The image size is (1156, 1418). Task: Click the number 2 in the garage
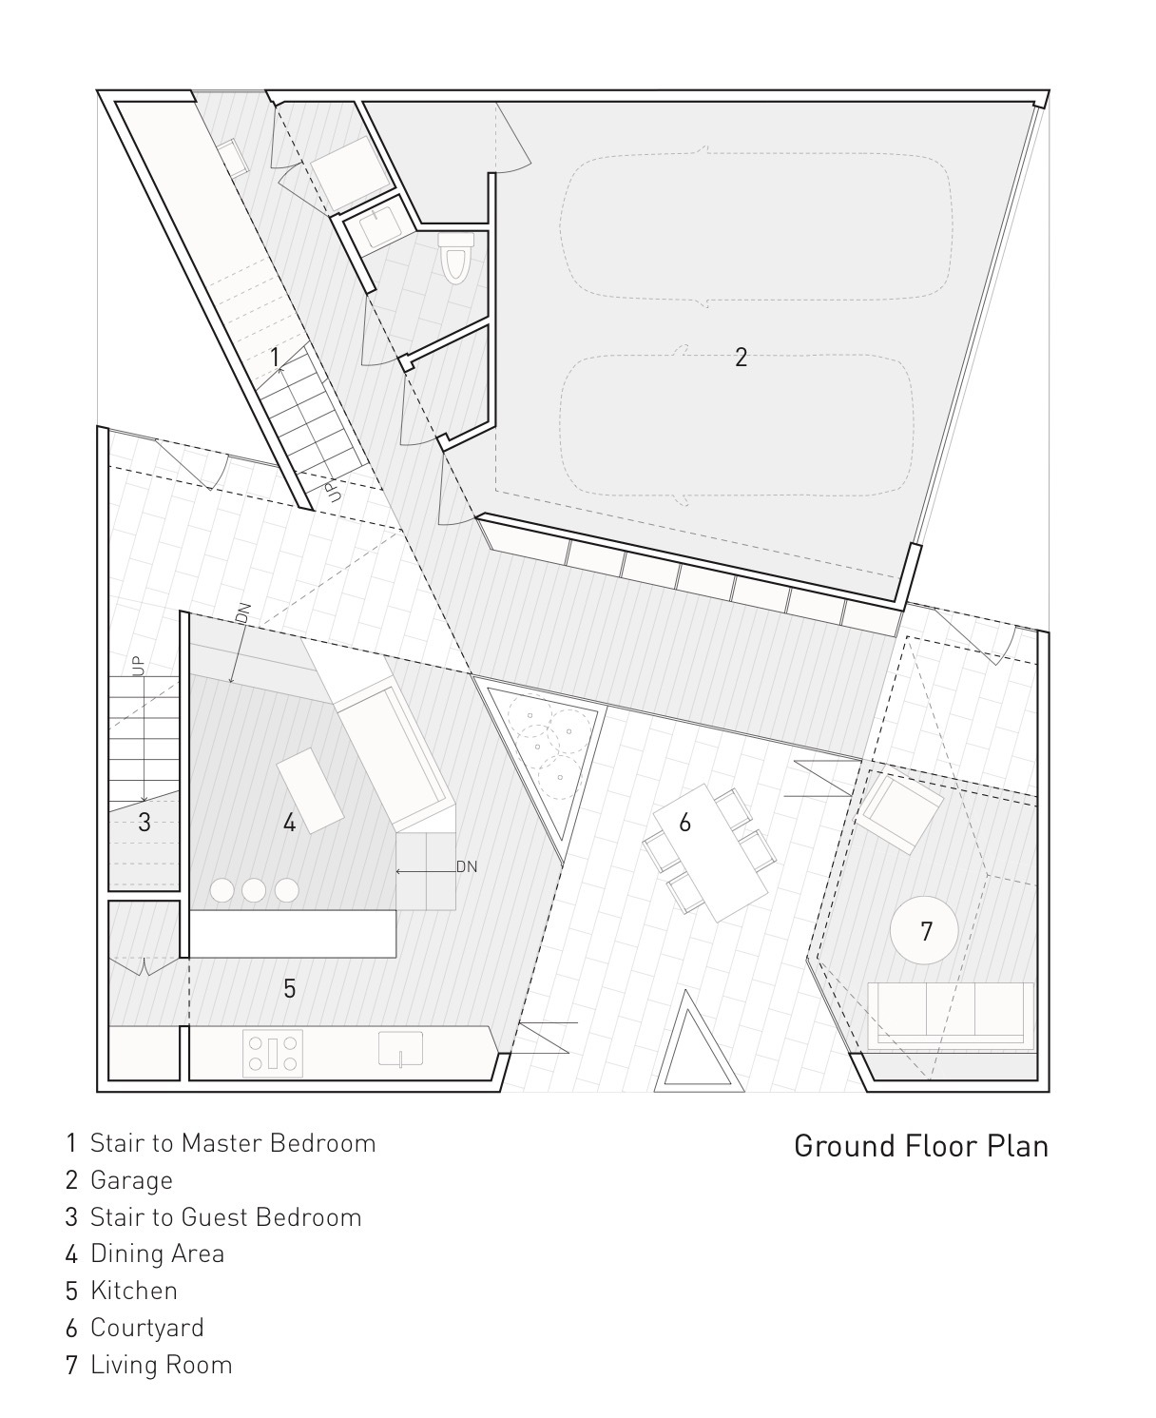coord(741,358)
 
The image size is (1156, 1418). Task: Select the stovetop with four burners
coord(274,1053)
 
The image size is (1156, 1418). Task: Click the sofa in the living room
coord(951,1016)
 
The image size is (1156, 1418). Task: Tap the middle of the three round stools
coord(254,890)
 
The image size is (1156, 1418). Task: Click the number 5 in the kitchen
coord(289,989)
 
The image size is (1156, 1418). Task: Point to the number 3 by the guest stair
coord(144,822)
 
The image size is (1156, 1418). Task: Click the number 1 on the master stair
coord(274,358)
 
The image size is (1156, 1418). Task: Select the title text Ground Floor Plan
coord(920,1145)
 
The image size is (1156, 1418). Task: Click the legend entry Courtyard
coord(146,1328)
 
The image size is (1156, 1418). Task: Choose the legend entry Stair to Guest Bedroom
coord(225,1217)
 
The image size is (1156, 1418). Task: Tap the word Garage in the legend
coord(131,1180)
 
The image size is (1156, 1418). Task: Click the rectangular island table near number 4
coord(311,789)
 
